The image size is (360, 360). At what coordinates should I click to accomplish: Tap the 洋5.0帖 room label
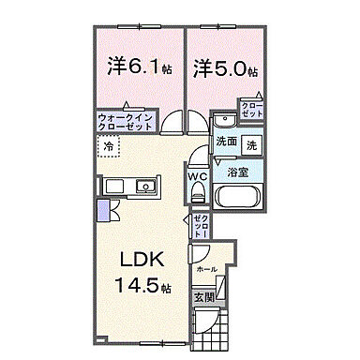[x=226, y=67]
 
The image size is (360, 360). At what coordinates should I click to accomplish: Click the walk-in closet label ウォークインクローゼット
[x=126, y=121]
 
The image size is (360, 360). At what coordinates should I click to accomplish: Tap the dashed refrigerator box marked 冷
[x=109, y=147]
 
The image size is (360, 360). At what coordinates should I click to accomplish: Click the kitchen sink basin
[x=146, y=187]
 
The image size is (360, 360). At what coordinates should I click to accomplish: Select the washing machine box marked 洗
[x=251, y=144]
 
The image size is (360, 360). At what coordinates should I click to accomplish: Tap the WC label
[x=197, y=175]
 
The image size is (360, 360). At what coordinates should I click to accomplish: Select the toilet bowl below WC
[x=197, y=193]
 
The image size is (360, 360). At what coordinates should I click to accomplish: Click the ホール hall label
[x=206, y=269]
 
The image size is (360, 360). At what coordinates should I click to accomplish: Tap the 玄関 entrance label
[x=203, y=297]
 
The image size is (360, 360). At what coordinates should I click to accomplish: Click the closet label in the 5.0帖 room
[x=252, y=110]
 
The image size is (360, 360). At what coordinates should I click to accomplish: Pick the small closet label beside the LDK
[x=200, y=225]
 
